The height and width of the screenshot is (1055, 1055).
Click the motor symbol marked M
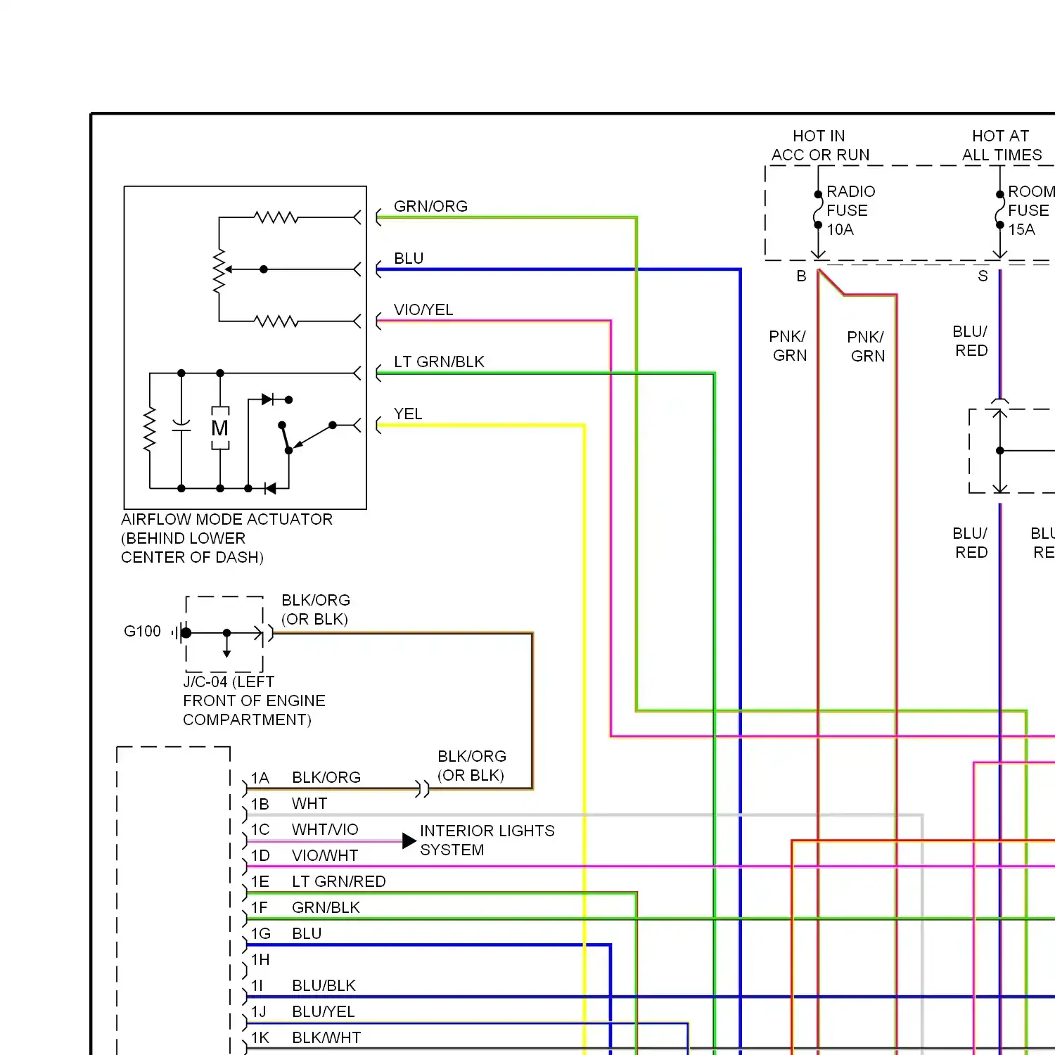(220, 428)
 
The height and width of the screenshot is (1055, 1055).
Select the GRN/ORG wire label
(430, 206)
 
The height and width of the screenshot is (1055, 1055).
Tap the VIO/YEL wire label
(423, 309)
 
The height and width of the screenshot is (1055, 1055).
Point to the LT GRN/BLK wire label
(439, 362)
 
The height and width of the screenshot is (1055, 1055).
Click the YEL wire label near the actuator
(408, 414)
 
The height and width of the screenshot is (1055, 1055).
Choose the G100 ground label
(142, 631)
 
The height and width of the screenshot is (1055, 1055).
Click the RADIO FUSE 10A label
(850, 210)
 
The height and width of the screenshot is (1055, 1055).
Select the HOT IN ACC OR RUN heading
(820, 145)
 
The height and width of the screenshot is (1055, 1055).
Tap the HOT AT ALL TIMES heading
(1002, 145)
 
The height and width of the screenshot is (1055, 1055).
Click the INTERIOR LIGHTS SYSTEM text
(487, 840)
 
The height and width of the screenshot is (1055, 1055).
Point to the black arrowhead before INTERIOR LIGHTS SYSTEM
(409, 840)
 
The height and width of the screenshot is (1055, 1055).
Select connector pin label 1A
(260, 778)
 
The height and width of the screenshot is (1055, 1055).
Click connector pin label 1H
(260, 959)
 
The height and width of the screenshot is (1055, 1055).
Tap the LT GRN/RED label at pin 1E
(339, 881)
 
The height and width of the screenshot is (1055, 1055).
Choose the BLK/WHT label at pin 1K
(326, 1037)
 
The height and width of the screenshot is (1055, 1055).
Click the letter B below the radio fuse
(801, 276)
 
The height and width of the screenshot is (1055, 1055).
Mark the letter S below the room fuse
(983, 276)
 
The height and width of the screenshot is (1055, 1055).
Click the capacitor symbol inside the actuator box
(181, 426)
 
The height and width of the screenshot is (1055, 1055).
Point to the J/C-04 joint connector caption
(254, 701)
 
